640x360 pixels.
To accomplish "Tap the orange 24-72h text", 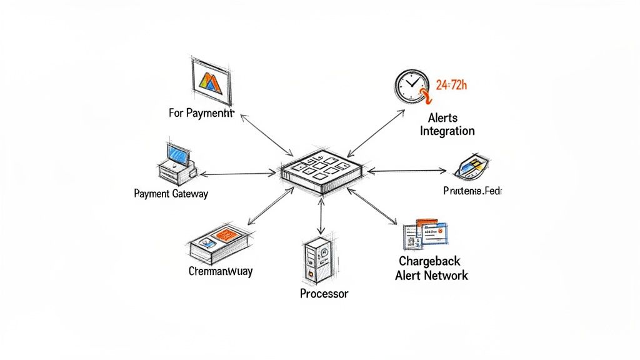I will click(x=451, y=86).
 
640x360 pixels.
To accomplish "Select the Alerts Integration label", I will click(x=447, y=124).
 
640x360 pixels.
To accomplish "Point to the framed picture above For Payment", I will click(x=211, y=80).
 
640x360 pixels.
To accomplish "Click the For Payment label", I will click(x=201, y=113).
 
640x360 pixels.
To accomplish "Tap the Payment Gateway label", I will click(x=171, y=194).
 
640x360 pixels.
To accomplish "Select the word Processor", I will click(x=324, y=293).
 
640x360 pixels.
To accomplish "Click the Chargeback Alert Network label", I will click(x=431, y=268).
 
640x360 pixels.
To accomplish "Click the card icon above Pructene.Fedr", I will click(x=469, y=166).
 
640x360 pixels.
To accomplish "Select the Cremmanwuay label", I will click(x=221, y=271).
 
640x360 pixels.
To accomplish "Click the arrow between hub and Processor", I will click(x=321, y=214).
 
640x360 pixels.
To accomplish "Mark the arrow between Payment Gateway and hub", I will click(x=237, y=174).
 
